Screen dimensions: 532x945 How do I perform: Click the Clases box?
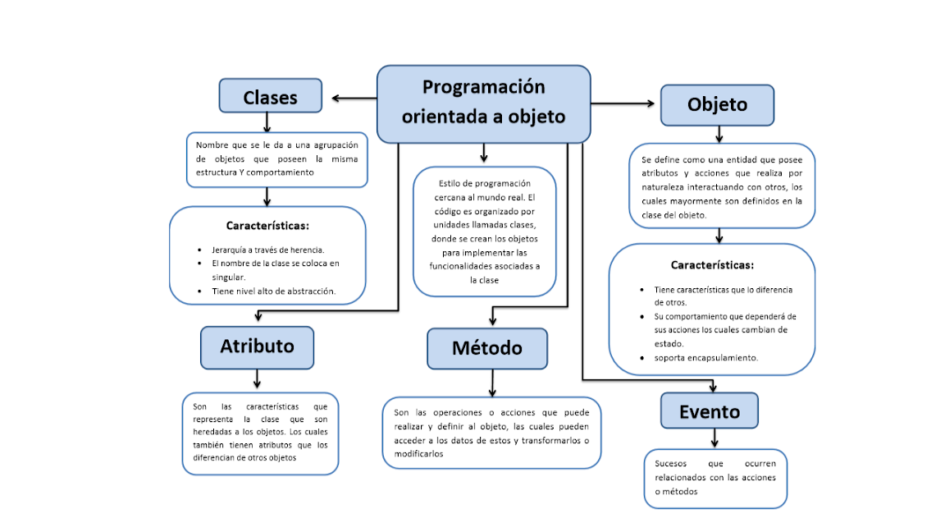pyautogui.click(x=270, y=97)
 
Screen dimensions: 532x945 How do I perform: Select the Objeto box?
pyautogui.click(x=717, y=105)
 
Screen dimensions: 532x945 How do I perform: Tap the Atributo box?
pyautogui.click(x=257, y=346)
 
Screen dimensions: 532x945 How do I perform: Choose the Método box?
pyautogui.click(x=486, y=348)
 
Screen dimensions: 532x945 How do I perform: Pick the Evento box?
pyautogui.click(x=709, y=411)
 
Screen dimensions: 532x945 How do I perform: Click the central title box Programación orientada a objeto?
pyautogui.click(x=483, y=103)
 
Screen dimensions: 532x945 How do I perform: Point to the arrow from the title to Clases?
pyautogui.click(x=354, y=99)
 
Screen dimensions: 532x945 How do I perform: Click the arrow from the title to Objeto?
pyautogui.click(x=623, y=103)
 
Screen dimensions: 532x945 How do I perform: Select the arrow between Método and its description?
pyautogui.click(x=492, y=383)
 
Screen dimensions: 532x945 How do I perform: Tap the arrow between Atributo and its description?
pyautogui.click(x=258, y=378)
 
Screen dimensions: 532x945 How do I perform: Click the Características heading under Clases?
pyautogui.click(x=267, y=225)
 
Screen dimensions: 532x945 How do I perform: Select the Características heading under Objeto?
pyautogui.click(x=712, y=265)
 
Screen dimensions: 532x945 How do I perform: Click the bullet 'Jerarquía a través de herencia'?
pyautogui.click(x=267, y=250)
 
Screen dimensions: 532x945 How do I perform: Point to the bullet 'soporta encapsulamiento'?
pyautogui.click(x=705, y=357)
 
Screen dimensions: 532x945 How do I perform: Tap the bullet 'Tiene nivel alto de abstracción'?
pyautogui.click(x=274, y=291)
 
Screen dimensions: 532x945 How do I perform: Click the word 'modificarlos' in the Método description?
pyautogui.click(x=419, y=454)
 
